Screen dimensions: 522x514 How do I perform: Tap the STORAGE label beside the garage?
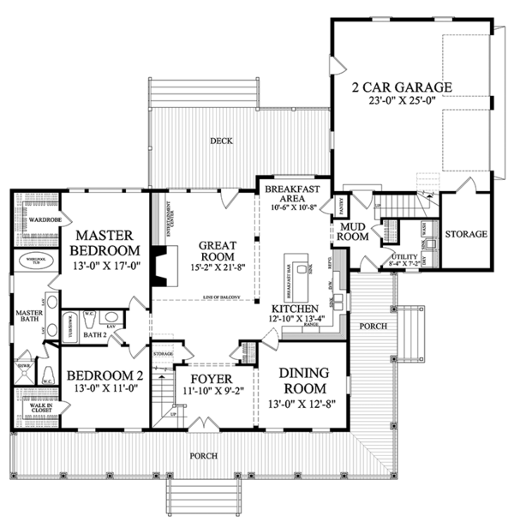465,234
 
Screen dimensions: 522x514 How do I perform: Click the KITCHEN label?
295,308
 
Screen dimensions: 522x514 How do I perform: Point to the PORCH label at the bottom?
204,455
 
